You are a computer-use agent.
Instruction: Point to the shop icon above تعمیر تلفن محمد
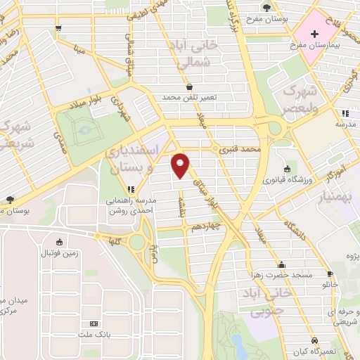click(189, 87)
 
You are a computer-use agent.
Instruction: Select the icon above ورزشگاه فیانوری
click(287, 169)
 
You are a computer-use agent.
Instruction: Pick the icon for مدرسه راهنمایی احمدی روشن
click(130, 188)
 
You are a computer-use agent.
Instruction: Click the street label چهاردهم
click(207, 226)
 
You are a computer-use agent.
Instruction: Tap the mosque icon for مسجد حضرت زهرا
click(282, 265)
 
